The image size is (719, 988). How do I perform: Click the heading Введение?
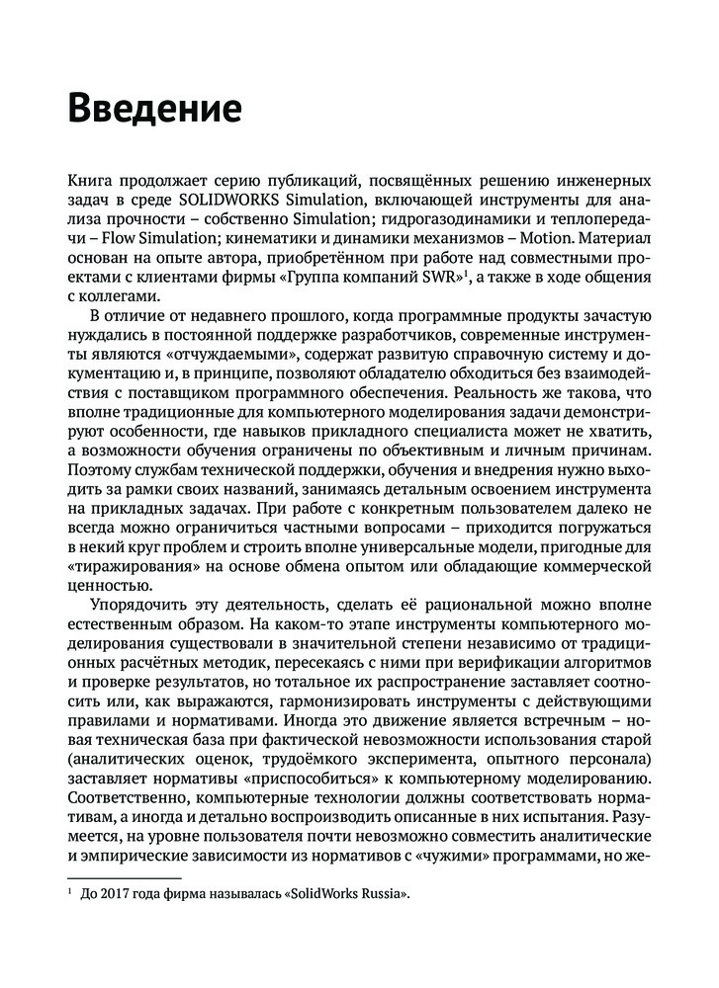coord(154,107)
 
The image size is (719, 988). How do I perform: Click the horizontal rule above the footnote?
coord(125,876)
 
